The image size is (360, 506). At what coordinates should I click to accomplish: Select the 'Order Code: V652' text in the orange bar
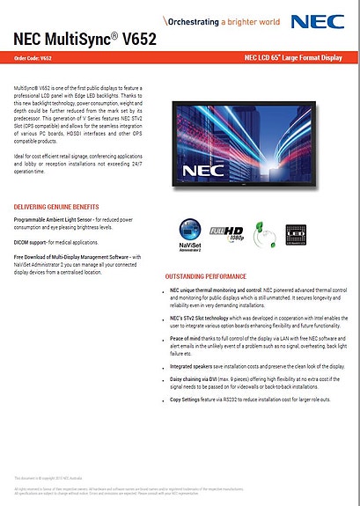[33, 59]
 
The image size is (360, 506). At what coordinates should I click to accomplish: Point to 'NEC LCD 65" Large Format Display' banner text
[291, 59]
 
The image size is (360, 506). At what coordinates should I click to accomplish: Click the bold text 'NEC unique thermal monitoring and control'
[217, 290]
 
